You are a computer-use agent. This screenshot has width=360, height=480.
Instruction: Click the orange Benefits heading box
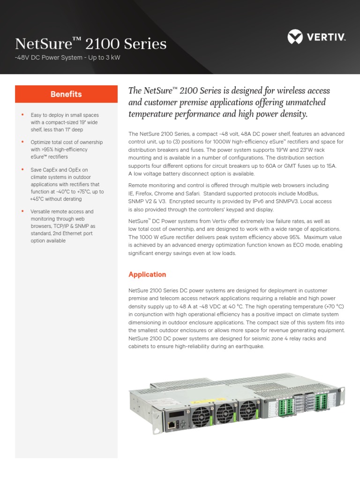point(66,94)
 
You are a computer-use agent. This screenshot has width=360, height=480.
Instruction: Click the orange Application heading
point(147,274)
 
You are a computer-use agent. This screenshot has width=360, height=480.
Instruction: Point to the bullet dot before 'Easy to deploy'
point(22,115)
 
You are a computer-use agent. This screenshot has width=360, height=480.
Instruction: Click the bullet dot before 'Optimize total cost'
point(22,142)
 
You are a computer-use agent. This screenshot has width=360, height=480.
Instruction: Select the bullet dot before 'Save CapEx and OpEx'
point(22,170)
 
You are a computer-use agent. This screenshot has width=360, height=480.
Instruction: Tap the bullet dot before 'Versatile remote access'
point(22,211)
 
